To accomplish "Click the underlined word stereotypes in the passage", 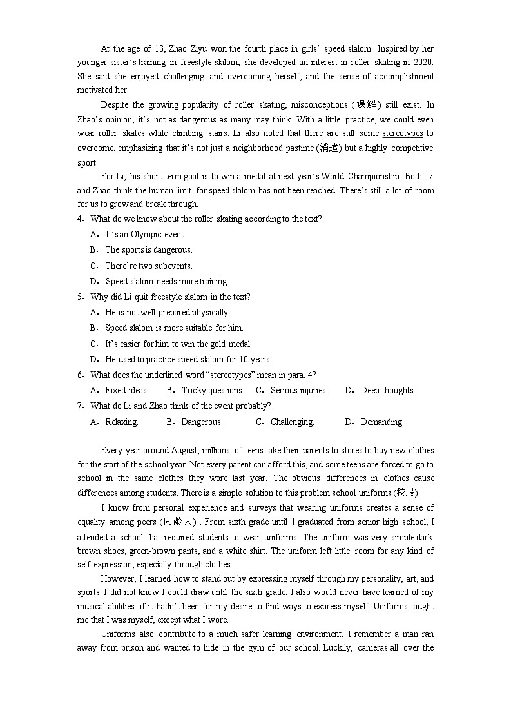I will click(402, 133).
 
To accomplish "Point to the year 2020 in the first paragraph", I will click(424, 63).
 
